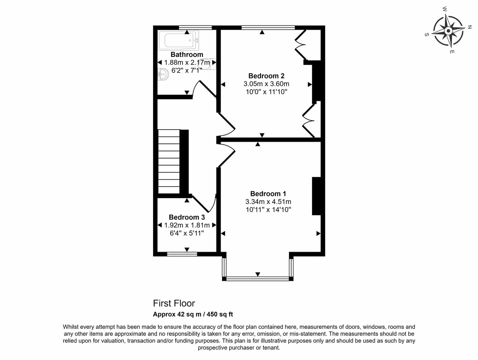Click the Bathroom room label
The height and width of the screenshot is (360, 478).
tap(187, 54)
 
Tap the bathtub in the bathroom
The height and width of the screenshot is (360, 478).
tap(178, 41)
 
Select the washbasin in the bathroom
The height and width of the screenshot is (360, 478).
tap(163, 74)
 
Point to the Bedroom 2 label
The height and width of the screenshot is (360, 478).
tap(266, 76)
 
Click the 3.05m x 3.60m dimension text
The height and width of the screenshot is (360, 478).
tap(266, 84)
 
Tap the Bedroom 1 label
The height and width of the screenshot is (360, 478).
tap(268, 194)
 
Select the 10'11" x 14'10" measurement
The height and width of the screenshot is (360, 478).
tap(268, 209)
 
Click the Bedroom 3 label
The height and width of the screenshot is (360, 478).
tap(187, 217)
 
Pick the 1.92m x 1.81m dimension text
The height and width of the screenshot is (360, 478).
tap(187, 225)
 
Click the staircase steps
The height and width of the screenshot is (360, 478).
tap(169, 162)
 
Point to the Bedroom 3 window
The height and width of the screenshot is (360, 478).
tap(182, 254)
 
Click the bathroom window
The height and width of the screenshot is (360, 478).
tap(195, 27)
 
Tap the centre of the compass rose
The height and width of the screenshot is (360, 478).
tap(448, 31)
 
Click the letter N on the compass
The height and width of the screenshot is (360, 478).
tap(470, 27)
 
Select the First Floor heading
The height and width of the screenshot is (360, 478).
tap(174, 303)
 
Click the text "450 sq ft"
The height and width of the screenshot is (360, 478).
tap(220, 314)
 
